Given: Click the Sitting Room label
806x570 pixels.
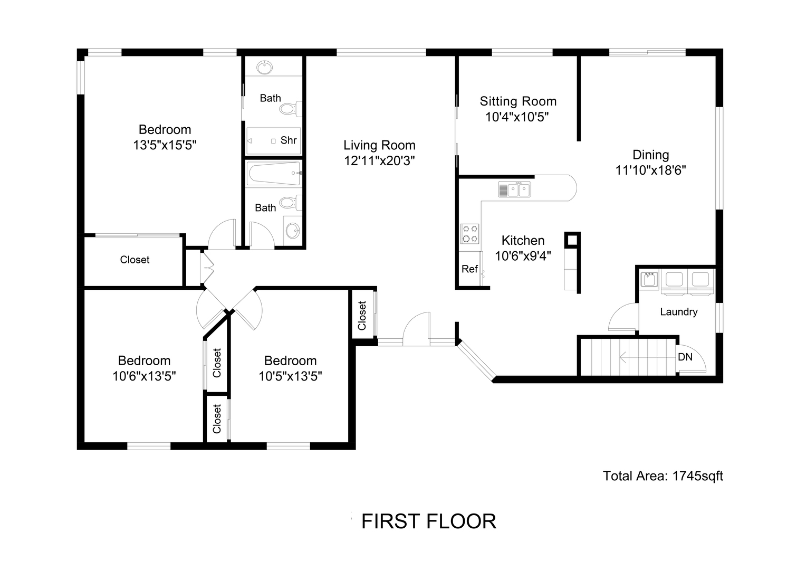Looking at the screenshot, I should point(518,101).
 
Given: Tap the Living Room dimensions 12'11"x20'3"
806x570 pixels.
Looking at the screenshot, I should point(379,161).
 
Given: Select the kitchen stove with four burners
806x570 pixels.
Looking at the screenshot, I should point(470,234).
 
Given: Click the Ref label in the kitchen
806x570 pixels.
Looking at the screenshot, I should point(469,269).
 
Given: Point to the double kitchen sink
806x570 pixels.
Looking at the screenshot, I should point(514,189).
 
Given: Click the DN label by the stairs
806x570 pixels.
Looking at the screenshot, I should point(685,357).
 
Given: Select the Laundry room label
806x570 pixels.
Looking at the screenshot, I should point(678,312).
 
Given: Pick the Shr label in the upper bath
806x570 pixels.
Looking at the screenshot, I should point(289,140).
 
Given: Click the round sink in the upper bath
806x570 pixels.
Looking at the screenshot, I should point(265,68).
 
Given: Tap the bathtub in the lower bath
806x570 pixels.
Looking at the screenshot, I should point(274,174).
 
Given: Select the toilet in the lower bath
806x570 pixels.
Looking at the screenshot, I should point(290,203).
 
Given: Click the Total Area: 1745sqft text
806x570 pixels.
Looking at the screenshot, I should point(663,476).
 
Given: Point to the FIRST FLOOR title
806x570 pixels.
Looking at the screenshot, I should point(428,521).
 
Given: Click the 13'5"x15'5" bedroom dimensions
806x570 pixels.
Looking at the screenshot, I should point(165,145).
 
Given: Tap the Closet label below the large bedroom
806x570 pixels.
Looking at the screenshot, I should point(135,260).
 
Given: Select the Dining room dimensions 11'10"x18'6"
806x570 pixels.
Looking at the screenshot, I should point(650,170).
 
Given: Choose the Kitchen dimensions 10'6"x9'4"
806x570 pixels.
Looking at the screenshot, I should point(523,256).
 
